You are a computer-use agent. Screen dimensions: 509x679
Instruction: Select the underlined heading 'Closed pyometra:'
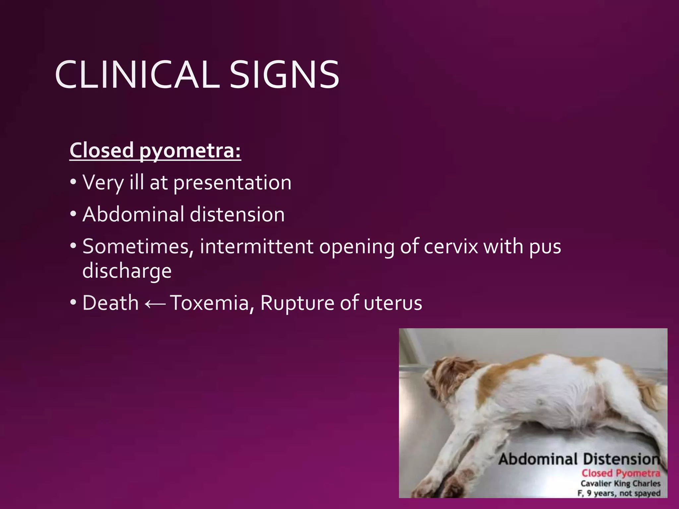(x=155, y=151)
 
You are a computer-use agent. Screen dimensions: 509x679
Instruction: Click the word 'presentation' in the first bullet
(x=232, y=183)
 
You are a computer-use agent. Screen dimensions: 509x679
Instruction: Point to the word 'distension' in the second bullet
(x=237, y=214)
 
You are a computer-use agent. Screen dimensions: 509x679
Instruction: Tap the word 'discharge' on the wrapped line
(x=127, y=271)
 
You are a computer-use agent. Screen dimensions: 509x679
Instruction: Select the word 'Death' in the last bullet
(x=110, y=303)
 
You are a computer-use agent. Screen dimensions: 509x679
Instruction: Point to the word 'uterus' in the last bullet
(x=393, y=303)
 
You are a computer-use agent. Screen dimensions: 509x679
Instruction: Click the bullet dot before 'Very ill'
(x=73, y=183)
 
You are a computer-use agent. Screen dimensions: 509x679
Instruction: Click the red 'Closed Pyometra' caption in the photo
(x=621, y=473)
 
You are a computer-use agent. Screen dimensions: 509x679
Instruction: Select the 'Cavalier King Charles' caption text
(x=620, y=483)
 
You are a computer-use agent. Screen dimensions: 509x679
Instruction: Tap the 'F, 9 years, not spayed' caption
(x=619, y=493)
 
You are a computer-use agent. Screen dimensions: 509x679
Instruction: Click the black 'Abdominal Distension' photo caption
(x=579, y=459)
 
